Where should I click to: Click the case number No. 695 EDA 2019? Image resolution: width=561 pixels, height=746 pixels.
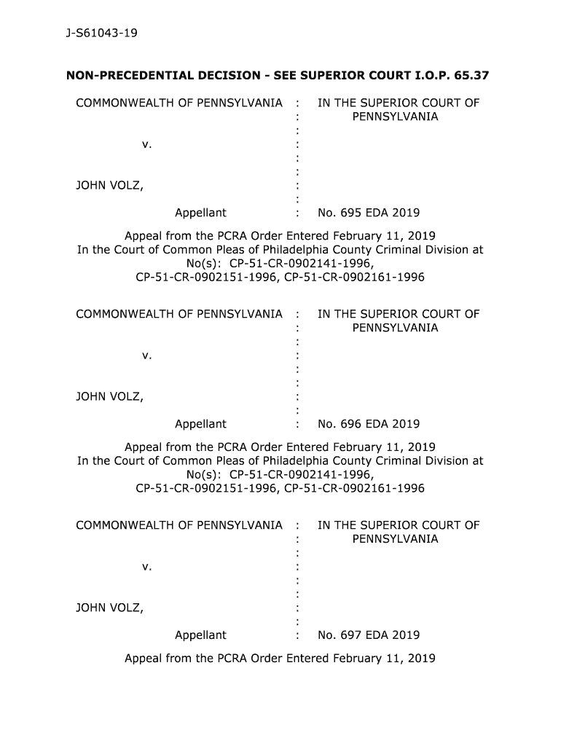369,213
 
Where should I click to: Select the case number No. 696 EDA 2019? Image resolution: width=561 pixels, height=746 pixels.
369,424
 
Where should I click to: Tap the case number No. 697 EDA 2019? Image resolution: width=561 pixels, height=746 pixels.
369,635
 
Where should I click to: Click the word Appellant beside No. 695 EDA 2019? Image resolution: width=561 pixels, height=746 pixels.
200,213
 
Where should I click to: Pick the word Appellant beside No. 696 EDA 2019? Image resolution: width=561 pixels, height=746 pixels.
200,424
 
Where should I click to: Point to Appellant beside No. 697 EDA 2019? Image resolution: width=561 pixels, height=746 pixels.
200,635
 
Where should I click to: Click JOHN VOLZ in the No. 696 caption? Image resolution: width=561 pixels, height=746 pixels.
109,397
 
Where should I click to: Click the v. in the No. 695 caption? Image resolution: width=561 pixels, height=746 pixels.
146,144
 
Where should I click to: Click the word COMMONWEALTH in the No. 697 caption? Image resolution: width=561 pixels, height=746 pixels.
125,525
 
